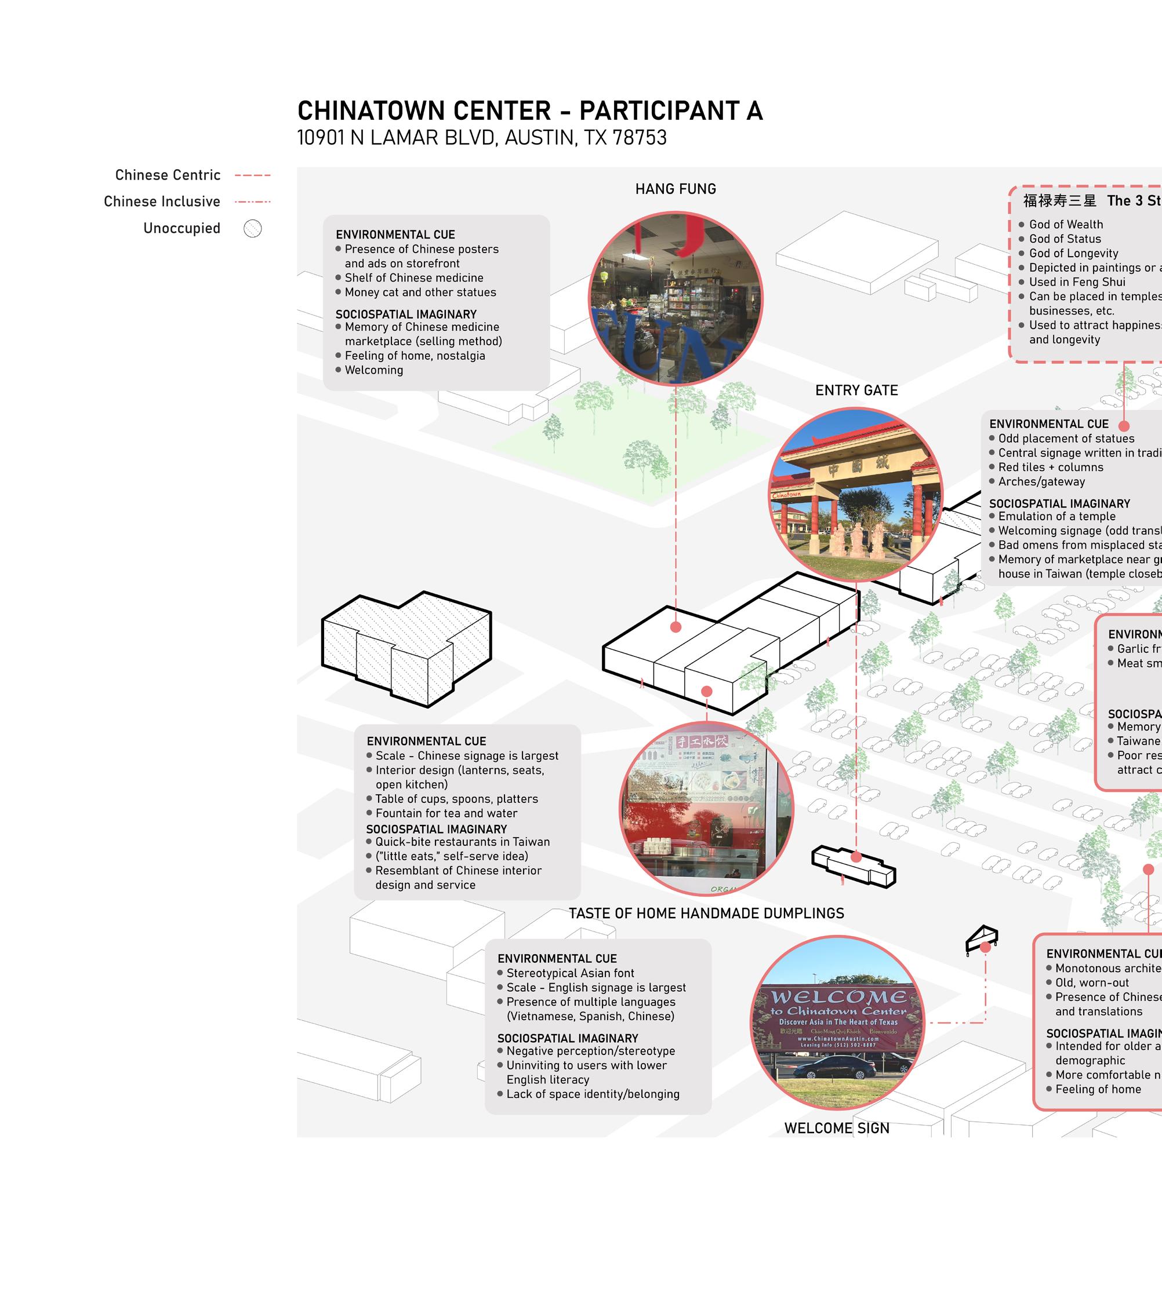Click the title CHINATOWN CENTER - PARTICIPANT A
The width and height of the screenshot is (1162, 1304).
(x=529, y=111)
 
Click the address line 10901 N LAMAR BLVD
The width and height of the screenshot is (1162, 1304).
(x=481, y=138)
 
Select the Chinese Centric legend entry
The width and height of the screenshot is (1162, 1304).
(x=168, y=176)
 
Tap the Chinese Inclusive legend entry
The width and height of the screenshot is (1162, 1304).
(x=162, y=202)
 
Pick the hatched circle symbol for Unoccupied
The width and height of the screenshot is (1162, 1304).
(x=253, y=228)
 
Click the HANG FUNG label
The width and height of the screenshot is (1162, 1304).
(x=675, y=189)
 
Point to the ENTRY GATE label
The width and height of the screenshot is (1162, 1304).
(x=856, y=390)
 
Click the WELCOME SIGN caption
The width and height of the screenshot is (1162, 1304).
(x=836, y=1128)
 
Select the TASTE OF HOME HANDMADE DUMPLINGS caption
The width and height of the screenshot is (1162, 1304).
(x=706, y=914)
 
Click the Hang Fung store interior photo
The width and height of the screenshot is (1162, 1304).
(x=675, y=298)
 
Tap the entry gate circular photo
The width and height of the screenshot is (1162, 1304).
(x=855, y=494)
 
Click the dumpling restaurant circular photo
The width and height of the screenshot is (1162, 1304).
(x=706, y=809)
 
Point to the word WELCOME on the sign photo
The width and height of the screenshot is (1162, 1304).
(x=838, y=998)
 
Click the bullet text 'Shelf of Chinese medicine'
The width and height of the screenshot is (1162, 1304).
(x=414, y=278)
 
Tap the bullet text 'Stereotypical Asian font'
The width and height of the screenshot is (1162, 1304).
(x=570, y=973)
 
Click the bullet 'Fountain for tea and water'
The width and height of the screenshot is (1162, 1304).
(x=446, y=813)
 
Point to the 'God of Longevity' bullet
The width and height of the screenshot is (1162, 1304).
(x=1073, y=253)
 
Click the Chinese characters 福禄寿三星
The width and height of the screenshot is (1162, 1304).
(x=1059, y=201)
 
